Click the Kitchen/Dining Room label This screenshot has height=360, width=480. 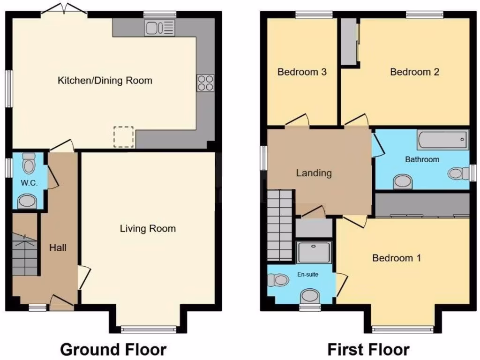click(105, 81)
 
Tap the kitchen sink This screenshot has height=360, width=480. click(159, 28)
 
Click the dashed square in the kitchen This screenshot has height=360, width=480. click(124, 137)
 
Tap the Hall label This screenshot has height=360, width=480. click(58, 247)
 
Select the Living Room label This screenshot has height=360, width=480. click(148, 229)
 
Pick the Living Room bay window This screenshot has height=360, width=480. click(148, 329)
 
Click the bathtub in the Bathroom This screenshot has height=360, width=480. click(442, 140)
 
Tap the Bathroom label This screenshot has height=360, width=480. click(422, 159)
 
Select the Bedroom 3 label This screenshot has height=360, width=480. click(302, 72)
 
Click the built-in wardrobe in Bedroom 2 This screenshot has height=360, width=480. click(349, 42)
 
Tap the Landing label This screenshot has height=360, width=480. click(314, 173)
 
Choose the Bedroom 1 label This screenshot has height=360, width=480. click(397, 258)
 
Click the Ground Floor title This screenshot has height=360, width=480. click(113, 349)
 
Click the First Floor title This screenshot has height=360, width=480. click(368, 349)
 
